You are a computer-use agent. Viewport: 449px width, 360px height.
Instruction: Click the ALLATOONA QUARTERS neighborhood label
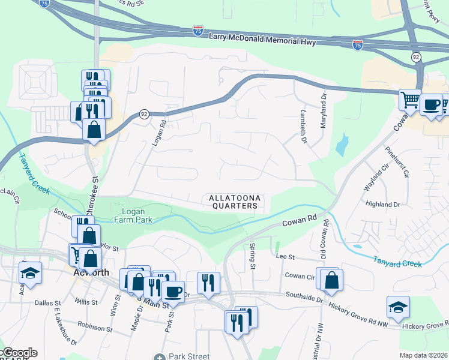click(234, 202)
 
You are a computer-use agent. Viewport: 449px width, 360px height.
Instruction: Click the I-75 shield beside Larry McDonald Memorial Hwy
click(198, 30)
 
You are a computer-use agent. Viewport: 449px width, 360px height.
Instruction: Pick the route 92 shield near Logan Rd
click(145, 114)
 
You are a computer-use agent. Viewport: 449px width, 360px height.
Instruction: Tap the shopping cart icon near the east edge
click(410, 99)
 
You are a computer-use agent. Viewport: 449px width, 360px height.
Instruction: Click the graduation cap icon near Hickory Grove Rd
click(398, 307)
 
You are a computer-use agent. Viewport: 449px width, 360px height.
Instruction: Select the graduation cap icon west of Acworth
click(30, 272)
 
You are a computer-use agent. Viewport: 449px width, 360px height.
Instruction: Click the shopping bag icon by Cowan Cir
click(331, 279)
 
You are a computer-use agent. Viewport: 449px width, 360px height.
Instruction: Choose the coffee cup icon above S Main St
click(173, 291)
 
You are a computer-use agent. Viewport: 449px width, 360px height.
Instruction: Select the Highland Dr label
click(382, 205)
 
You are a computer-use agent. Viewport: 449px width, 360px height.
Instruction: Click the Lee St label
click(283, 256)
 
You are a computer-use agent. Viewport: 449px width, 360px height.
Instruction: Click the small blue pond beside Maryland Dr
click(342, 145)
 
